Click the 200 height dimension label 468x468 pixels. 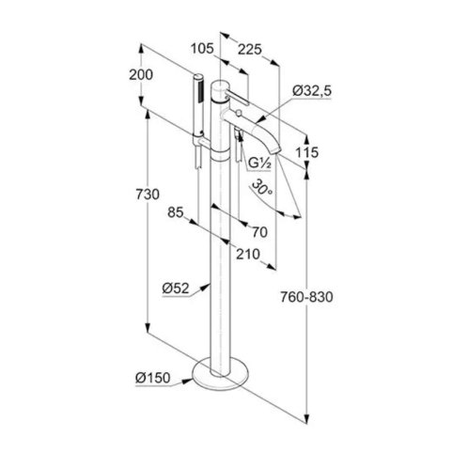(x=141, y=75)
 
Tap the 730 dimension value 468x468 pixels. (x=148, y=195)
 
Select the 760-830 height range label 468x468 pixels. (x=306, y=297)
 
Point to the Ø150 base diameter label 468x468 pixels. (x=153, y=378)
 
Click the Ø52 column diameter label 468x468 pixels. (x=176, y=289)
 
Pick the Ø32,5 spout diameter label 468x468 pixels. (x=312, y=91)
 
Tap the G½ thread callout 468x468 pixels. (x=259, y=164)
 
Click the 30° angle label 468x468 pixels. (x=262, y=187)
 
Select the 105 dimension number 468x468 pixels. (x=202, y=49)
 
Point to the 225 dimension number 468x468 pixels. (x=249, y=50)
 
